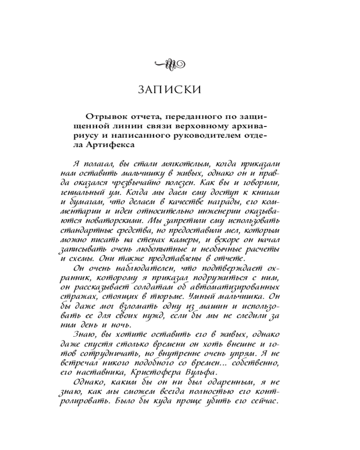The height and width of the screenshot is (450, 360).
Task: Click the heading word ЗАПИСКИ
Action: click(x=169, y=89)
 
